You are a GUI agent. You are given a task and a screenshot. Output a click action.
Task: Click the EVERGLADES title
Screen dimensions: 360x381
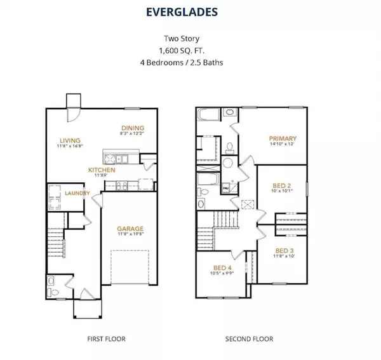190,11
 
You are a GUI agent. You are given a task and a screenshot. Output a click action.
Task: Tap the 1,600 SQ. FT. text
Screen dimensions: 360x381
190,50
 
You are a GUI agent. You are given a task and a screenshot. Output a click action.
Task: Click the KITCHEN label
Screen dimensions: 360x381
102,170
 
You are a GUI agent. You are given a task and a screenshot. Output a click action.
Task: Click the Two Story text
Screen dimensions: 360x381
190,37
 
